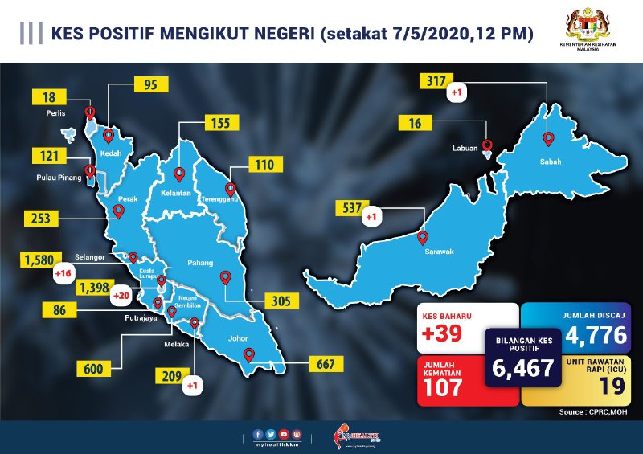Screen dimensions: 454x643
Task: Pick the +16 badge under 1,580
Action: (63, 275)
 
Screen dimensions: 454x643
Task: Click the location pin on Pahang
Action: (226, 277)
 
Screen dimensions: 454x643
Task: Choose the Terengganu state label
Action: (232, 199)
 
